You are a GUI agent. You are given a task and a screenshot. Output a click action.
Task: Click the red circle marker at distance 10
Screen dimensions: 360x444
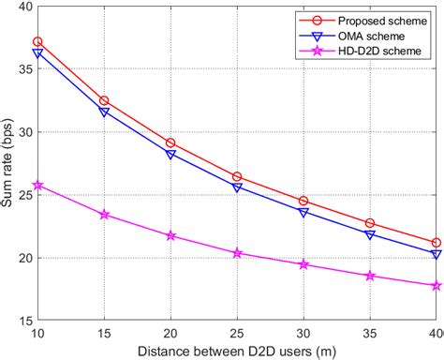click(37, 41)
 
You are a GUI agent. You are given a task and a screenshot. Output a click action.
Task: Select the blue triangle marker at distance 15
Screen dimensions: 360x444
click(104, 112)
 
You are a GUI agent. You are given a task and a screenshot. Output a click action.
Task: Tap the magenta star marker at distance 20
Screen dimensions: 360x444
click(170, 235)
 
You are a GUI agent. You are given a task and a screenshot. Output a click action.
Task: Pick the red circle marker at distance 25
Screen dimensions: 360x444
click(237, 176)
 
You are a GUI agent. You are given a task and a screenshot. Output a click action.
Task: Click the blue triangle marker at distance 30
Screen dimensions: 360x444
click(303, 212)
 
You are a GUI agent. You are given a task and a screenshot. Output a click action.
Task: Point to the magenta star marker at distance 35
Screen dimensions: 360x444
click(370, 276)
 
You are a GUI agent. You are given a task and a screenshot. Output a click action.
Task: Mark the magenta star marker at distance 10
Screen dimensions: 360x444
click(37, 186)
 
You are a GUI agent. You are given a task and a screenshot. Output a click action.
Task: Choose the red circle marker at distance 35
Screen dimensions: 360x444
click(370, 223)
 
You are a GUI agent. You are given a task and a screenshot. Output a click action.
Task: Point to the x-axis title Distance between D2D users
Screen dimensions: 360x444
click(238, 351)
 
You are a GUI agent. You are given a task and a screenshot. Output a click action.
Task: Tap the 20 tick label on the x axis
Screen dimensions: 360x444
click(170, 333)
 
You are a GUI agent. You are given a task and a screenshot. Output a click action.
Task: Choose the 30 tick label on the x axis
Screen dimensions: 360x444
click(303, 333)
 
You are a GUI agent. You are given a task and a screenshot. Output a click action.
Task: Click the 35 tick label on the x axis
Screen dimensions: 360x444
click(370, 333)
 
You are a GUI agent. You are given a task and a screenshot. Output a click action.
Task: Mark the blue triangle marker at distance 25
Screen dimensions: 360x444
click(237, 187)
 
